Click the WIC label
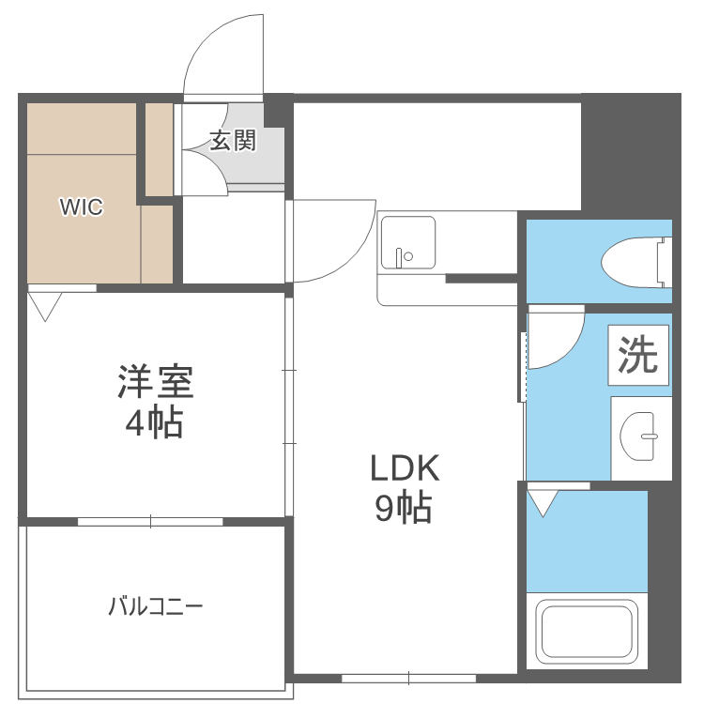point(82,207)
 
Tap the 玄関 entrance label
point(232,142)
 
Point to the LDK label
point(404,467)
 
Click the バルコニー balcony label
point(155,605)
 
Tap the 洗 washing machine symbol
point(639,355)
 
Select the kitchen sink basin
point(406,242)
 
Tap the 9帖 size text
point(404,508)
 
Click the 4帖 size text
point(155,424)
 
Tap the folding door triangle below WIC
point(44,306)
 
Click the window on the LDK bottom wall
point(409,676)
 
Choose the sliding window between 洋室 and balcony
point(150,521)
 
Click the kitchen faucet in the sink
point(401,256)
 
